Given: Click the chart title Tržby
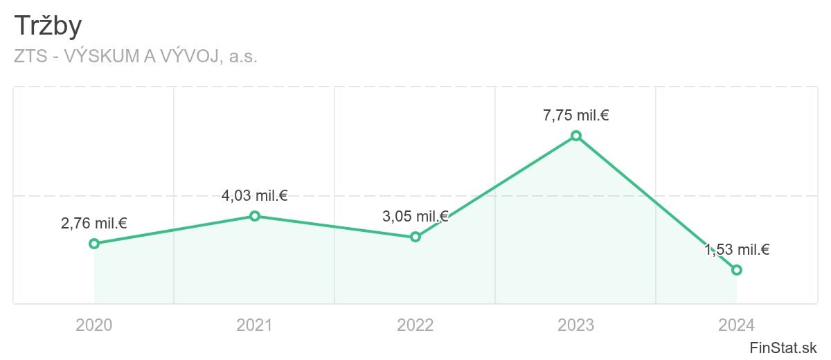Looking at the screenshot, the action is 48,26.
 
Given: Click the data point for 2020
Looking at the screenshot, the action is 94,244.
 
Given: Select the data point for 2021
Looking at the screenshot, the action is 255,216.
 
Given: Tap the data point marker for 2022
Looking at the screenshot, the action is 415,237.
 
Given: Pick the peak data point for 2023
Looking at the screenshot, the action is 576,136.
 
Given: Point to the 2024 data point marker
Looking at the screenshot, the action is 737,270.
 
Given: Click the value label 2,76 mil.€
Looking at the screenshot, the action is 94,224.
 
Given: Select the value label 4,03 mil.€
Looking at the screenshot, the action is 255,196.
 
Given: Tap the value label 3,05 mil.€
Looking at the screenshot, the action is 415,217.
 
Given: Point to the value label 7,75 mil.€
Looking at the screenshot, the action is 576,116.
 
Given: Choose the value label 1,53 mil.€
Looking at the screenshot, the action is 737,250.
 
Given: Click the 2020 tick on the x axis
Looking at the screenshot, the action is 94,325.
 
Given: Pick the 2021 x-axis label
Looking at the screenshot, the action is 255,325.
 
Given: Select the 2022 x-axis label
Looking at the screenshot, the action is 415,325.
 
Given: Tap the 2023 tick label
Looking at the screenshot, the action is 576,325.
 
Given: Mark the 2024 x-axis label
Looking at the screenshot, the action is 737,325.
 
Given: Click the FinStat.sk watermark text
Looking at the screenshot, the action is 783,348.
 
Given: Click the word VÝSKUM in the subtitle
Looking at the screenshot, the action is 102,55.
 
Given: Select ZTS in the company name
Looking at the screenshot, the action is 30,56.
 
